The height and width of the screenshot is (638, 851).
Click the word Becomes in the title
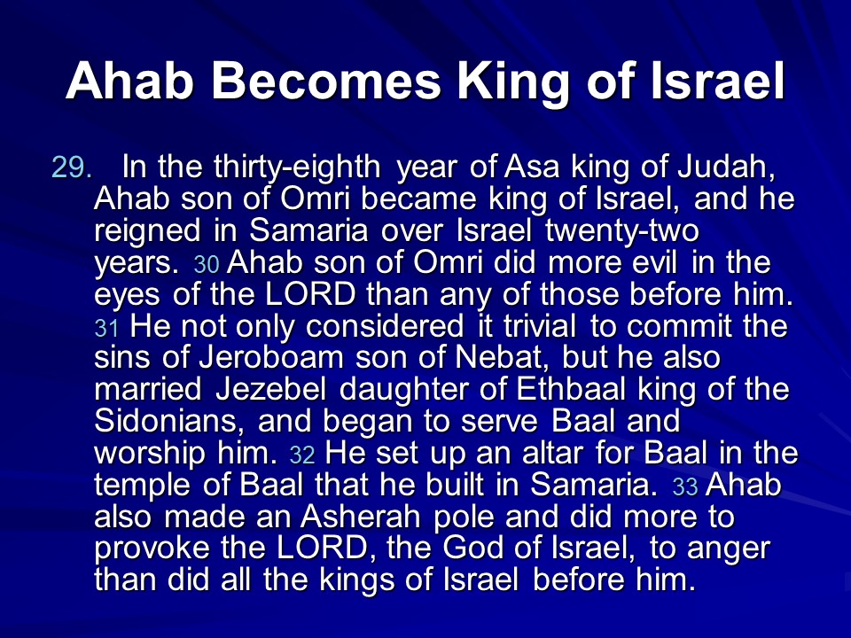(x=325, y=81)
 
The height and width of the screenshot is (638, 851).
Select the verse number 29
(x=72, y=167)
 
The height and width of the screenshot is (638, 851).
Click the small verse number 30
(x=207, y=265)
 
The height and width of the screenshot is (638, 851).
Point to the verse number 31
(x=106, y=328)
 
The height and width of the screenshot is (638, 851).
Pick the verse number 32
(x=302, y=455)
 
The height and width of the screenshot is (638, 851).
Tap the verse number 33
(x=685, y=486)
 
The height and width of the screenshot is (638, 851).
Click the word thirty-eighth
(x=297, y=168)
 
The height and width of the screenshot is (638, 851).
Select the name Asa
(x=532, y=167)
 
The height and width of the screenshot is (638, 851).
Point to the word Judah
(x=726, y=168)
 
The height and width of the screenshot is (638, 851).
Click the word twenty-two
(x=622, y=231)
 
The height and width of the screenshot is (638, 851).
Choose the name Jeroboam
(x=271, y=357)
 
